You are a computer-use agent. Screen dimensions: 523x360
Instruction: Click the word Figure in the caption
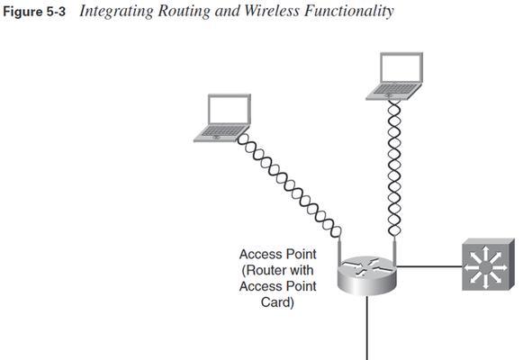tap(23, 12)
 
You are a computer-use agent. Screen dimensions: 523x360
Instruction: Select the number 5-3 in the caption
tap(56, 12)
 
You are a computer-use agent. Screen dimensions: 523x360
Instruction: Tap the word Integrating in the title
tap(117, 12)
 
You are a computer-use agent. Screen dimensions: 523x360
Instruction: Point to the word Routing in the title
tap(185, 12)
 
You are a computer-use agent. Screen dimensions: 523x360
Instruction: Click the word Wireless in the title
tap(272, 11)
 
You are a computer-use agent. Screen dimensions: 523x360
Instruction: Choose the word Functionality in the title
tap(349, 12)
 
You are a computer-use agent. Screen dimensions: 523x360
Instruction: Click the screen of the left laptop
tap(230, 110)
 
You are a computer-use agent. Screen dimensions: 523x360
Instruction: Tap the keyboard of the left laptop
tap(221, 131)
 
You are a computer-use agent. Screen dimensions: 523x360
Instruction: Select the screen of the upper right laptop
tap(401, 68)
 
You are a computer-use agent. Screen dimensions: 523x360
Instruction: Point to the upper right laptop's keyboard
tap(394, 89)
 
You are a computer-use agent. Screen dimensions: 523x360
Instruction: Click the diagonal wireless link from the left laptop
tap(289, 185)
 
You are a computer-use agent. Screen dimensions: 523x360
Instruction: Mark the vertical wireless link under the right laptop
tap(394, 168)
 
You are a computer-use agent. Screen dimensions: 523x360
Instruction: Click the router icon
tap(367, 275)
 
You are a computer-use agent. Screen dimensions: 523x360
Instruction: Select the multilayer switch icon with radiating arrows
tap(488, 265)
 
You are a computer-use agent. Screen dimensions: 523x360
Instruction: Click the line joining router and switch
tap(429, 266)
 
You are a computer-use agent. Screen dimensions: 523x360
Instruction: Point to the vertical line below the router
tap(367, 328)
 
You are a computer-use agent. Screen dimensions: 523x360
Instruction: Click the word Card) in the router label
tap(277, 302)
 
